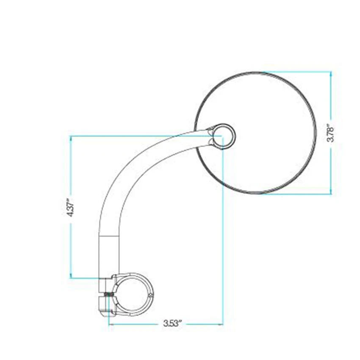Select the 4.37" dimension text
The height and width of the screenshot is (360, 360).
click(71, 207)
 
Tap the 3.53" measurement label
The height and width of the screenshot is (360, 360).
click(173, 324)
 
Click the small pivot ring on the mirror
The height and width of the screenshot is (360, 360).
click(223, 136)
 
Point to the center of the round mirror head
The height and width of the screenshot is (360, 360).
click(255, 133)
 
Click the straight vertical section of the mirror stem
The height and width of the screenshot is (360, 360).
click(110, 254)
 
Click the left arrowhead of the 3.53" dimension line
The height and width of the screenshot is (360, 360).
click(111, 325)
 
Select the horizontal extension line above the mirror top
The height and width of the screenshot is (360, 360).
click(296, 72)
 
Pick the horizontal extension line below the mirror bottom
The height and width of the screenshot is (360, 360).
click(296, 194)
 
